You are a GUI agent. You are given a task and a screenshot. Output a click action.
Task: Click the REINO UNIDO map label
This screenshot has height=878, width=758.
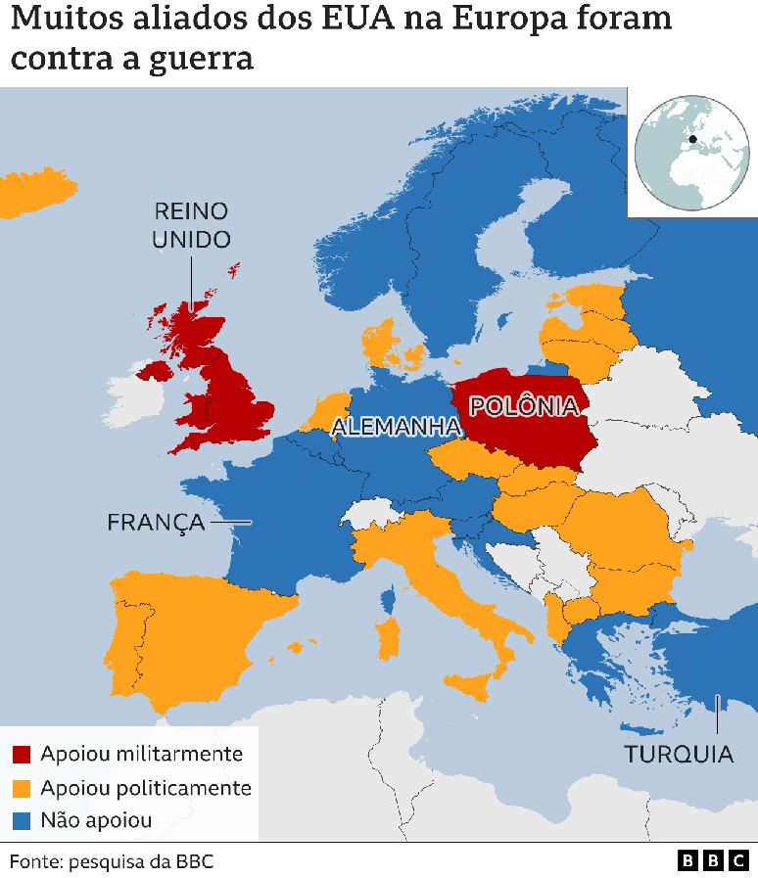click(191, 225)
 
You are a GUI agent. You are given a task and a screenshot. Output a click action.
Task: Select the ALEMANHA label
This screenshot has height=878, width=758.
click(396, 426)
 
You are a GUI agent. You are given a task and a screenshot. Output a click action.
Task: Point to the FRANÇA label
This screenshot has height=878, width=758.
click(156, 522)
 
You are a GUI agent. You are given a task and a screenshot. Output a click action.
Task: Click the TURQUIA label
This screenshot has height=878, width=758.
click(679, 754)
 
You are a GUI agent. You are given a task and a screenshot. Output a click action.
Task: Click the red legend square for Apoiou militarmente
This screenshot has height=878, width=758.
click(22, 755)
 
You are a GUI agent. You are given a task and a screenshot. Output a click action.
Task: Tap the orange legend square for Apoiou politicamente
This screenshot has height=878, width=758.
click(22, 788)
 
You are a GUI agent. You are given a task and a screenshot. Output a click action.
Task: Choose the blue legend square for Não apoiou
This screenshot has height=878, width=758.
click(22, 820)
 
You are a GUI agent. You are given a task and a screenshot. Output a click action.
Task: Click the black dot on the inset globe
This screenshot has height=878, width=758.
click(692, 139)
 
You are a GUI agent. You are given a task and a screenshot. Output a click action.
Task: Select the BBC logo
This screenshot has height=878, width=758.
click(712, 860)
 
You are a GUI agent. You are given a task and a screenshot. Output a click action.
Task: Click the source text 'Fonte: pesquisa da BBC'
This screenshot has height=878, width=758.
click(112, 861)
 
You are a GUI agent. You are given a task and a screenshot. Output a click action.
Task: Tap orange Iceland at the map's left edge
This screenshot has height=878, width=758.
click(29, 193)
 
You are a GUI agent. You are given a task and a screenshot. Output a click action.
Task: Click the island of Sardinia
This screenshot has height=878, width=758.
click(389, 637)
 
